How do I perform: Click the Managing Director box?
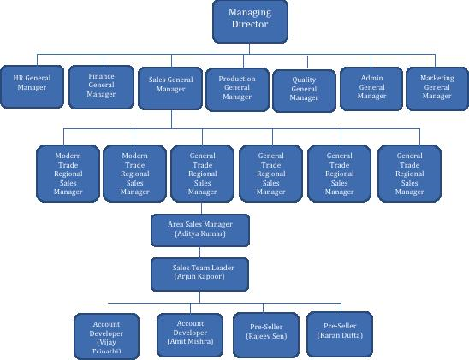[x=250, y=21]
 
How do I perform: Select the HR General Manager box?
[x=32, y=86]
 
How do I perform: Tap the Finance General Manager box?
[x=101, y=87]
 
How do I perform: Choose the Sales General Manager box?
[x=170, y=88]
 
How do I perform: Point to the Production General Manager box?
[x=237, y=90]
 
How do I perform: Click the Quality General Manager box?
[x=304, y=91]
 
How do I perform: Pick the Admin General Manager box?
[x=371, y=89]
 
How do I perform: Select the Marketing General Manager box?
[x=437, y=89]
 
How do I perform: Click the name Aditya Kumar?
[x=200, y=233]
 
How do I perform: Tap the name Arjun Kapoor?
[x=199, y=277]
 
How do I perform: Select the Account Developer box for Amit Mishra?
[x=190, y=335]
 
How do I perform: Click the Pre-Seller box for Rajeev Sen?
[x=266, y=335]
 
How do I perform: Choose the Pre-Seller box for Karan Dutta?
[x=340, y=334]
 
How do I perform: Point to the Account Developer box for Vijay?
[x=106, y=337]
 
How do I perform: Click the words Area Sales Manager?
[x=200, y=224]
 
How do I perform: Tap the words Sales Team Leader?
[x=203, y=268]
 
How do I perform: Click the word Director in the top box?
[x=250, y=24]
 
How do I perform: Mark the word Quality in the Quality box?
[x=304, y=80]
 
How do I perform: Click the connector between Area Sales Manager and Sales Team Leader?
[x=199, y=252]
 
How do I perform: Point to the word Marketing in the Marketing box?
[x=437, y=78]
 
